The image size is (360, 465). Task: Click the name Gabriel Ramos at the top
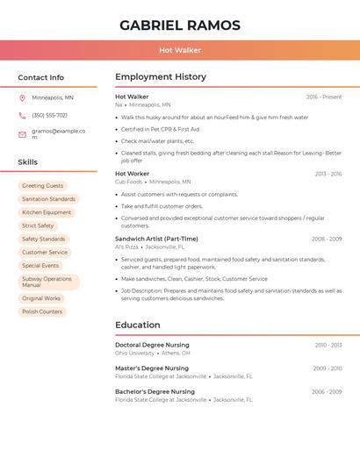pyautogui.click(x=180, y=25)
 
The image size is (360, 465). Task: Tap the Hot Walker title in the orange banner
pyautogui.click(x=180, y=51)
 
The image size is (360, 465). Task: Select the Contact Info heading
pyautogui.click(x=40, y=77)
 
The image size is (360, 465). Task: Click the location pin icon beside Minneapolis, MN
pyautogui.click(x=22, y=98)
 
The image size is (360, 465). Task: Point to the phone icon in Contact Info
pyautogui.click(x=22, y=115)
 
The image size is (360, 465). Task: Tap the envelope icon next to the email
pyautogui.click(x=22, y=134)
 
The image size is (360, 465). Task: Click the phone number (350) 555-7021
pyautogui.click(x=49, y=115)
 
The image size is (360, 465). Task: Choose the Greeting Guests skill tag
pyautogui.click(x=43, y=186)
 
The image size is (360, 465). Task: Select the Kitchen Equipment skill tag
pyautogui.click(x=47, y=212)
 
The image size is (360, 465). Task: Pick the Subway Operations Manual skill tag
pyautogui.click(x=48, y=282)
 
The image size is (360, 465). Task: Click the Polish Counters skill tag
pyautogui.click(x=42, y=311)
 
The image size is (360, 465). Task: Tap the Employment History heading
pyautogui.click(x=161, y=77)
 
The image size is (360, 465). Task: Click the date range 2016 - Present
pyautogui.click(x=324, y=97)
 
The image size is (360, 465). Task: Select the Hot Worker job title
pyautogui.click(x=133, y=174)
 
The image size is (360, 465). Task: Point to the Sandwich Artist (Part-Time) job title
pyautogui.click(x=156, y=239)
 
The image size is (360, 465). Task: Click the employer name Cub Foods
pyautogui.click(x=128, y=182)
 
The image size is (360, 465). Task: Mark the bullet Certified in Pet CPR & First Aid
pyautogui.click(x=160, y=129)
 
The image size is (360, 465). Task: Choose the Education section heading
pyautogui.click(x=138, y=325)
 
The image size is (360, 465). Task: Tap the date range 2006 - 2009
pyautogui.click(x=327, y=391)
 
